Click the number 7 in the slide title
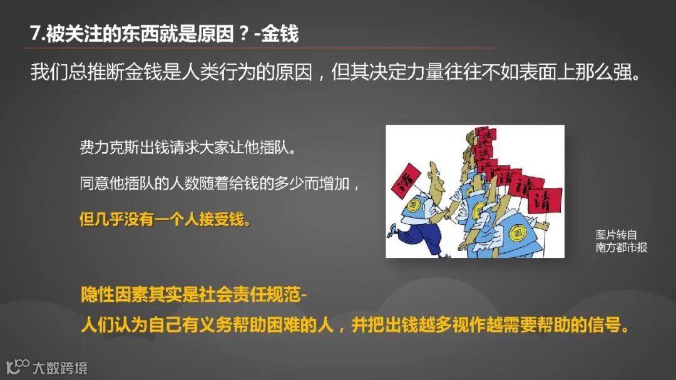click(x=36, y=33)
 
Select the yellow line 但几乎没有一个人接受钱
click(x=165, y=220)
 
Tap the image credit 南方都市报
click(x=621, y=247)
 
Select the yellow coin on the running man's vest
click(x=414, y=205)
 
